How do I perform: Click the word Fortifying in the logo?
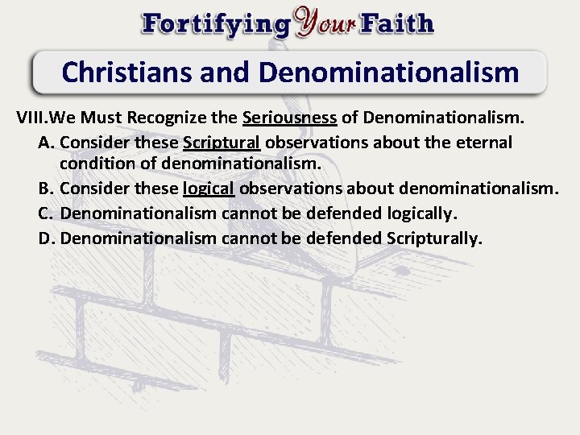[216, 23]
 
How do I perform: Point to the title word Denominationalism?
[388, 72]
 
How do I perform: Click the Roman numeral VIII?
[31, 118]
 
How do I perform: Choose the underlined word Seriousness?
[289, 118]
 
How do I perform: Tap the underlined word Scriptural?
[222, 143]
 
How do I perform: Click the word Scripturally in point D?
[434, 238]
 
